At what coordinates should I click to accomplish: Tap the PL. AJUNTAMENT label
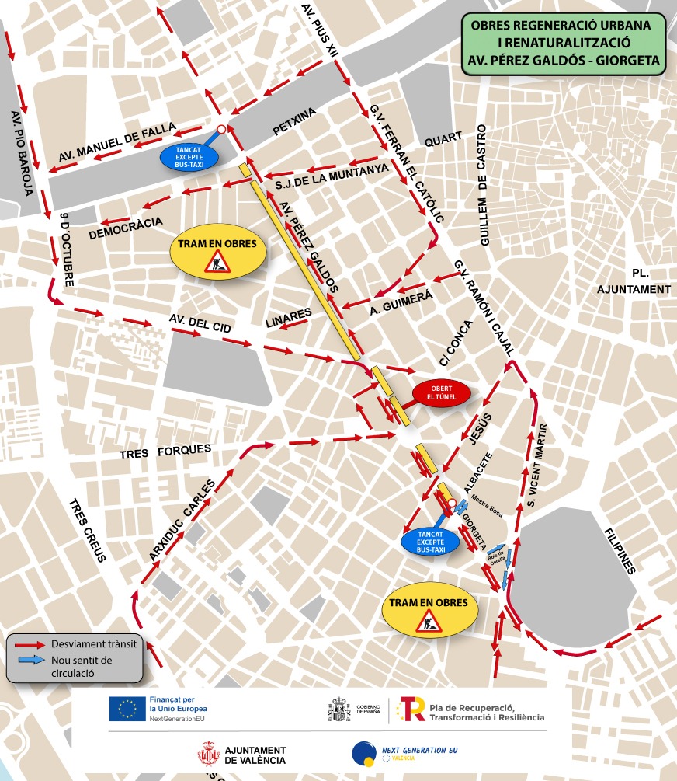coord(634,281)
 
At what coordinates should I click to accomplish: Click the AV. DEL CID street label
coord(200,325)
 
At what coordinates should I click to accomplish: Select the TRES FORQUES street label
coord(165,451)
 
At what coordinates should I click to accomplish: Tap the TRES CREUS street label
coord(89,529)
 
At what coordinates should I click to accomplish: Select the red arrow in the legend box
coord(29,643)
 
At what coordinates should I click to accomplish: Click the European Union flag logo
coord(127,709)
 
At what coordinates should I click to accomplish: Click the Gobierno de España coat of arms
coord(338,710)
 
